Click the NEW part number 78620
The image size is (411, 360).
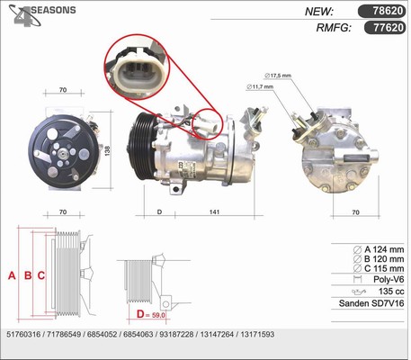[x=388, y=11]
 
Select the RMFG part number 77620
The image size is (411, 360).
[x=389, y=28]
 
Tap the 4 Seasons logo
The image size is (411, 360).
[x=42, y=15]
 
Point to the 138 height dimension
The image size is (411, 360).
[x=107, y=150]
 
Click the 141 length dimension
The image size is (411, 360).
[x=214, y=211]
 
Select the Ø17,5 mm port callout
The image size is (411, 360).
[x=278, y=76]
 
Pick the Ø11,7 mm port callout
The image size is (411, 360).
[x=260, y=86]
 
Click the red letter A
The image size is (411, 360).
[x=12, y=275]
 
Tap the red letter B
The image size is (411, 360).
[x=28, y=275]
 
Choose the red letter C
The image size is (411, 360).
[x=41, y=275]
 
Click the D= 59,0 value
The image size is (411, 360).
[x=151, y=314]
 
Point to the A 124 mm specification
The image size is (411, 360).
[x=380, y=249]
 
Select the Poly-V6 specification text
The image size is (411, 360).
[x=389, y=280]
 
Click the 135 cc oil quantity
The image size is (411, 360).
[x=391, y=292]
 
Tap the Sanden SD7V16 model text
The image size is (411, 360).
[x=371, y=303]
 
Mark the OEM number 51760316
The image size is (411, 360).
[x=23, y=335]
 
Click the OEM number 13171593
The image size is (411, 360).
[x=257, y=335]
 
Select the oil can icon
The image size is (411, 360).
[x=359, y=292]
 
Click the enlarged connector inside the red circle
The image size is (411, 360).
[x=138, y=74]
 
